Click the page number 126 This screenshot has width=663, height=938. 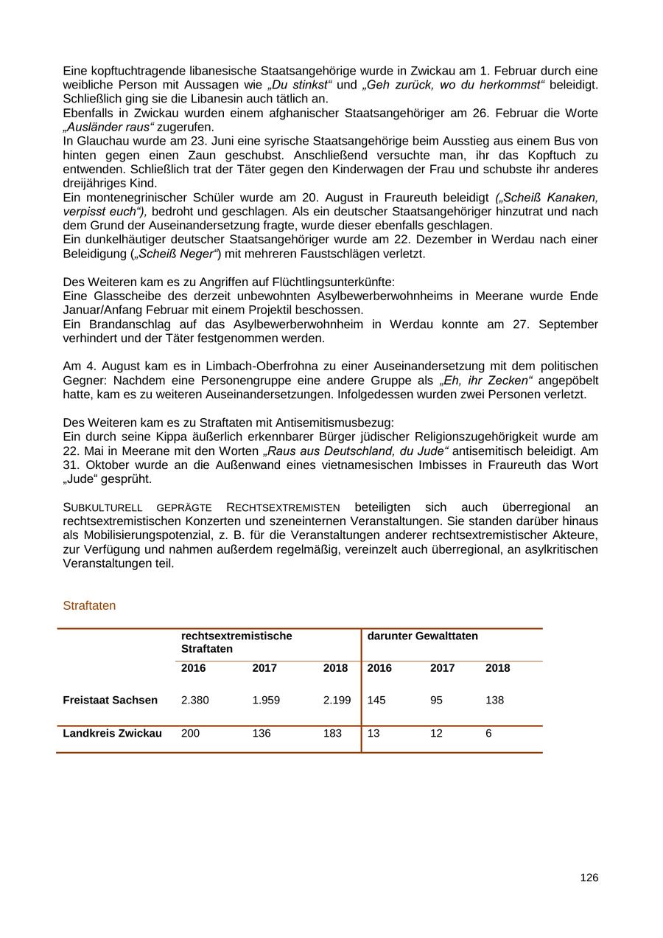click(589, 878)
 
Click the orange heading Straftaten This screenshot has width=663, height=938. click(89, 605)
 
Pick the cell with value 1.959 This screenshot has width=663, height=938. click(266, 700)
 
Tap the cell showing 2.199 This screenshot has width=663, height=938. click(337, 700)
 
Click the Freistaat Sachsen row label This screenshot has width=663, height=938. click(110, 700)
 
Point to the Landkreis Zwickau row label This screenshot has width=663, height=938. click(112, 734)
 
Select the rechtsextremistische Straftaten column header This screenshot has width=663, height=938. click(236, 642)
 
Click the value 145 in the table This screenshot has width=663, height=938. click(376, 700)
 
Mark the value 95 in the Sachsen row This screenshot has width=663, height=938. click(436, 700)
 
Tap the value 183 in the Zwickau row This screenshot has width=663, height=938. click(332, 734)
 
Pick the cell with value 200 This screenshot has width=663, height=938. click(190, 734)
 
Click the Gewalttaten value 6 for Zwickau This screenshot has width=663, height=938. click(488, 734)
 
